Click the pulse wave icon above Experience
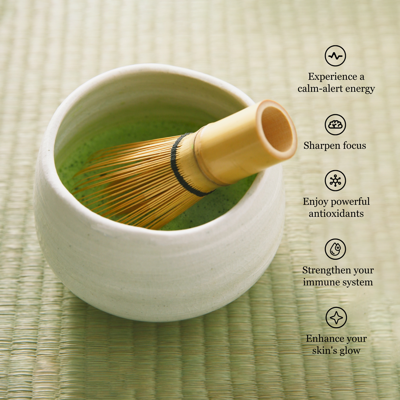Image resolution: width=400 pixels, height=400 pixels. [335, 56]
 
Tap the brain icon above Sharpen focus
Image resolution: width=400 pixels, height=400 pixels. [335, 125]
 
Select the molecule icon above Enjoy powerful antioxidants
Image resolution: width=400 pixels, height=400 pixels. [335, 181]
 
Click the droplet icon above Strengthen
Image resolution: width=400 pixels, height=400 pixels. [335, 249]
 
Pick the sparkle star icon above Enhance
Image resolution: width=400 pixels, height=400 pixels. [336, 317]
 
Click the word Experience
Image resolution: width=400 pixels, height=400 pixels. [332, 77]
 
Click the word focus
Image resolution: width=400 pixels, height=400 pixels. [354, 146]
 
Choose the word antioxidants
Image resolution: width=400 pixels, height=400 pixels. [336, 214]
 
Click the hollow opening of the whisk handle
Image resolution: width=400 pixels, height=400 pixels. [277, 129]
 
